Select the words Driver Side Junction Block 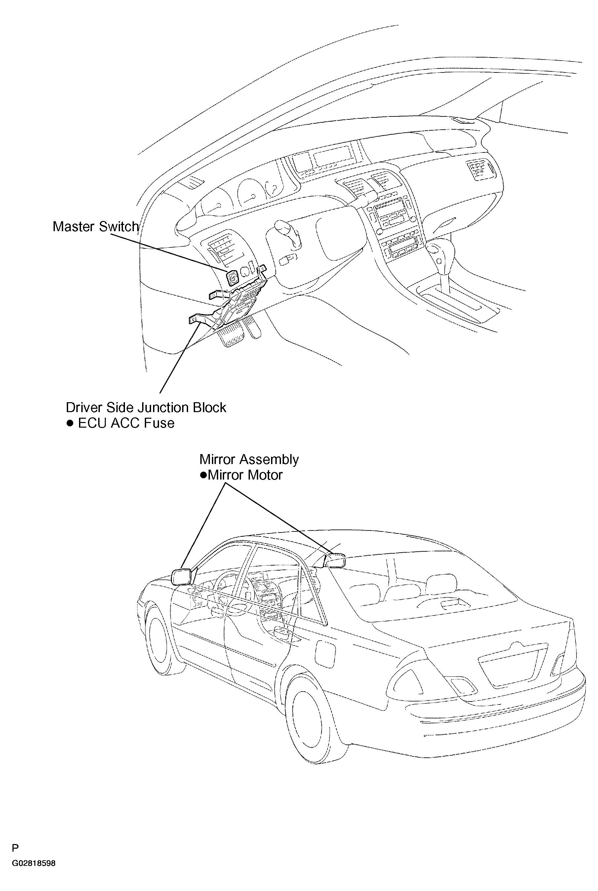click(x=146, y=407)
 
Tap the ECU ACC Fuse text click(x=126, y=423)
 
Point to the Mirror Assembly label click(x=249, y=459)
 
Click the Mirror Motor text click(x=245, y=475)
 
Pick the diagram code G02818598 click(x=34, y=863)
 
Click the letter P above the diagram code click(x=15, y=848)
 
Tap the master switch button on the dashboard click(x=233, y=278)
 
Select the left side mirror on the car click(x=181, y=576)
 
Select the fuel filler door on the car click(x=325, y=654)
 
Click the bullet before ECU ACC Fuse click(x=70, y=423)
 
